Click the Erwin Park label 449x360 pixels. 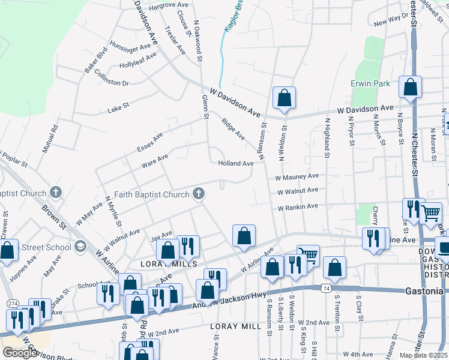[x=370, y=83]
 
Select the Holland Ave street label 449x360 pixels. [x=235, y=163]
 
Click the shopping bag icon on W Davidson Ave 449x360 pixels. [x=284, y=98]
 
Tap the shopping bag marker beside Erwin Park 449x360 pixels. [x=411, y=87]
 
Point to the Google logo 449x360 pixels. [x=19, y=353]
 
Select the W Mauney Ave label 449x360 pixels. [x=297, y=177]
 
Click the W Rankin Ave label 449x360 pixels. [x=297, y=207]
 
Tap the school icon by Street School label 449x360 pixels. [x=79, y=247]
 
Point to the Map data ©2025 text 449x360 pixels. [x=423, y=355]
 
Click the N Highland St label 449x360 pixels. [x=328, y=137]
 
